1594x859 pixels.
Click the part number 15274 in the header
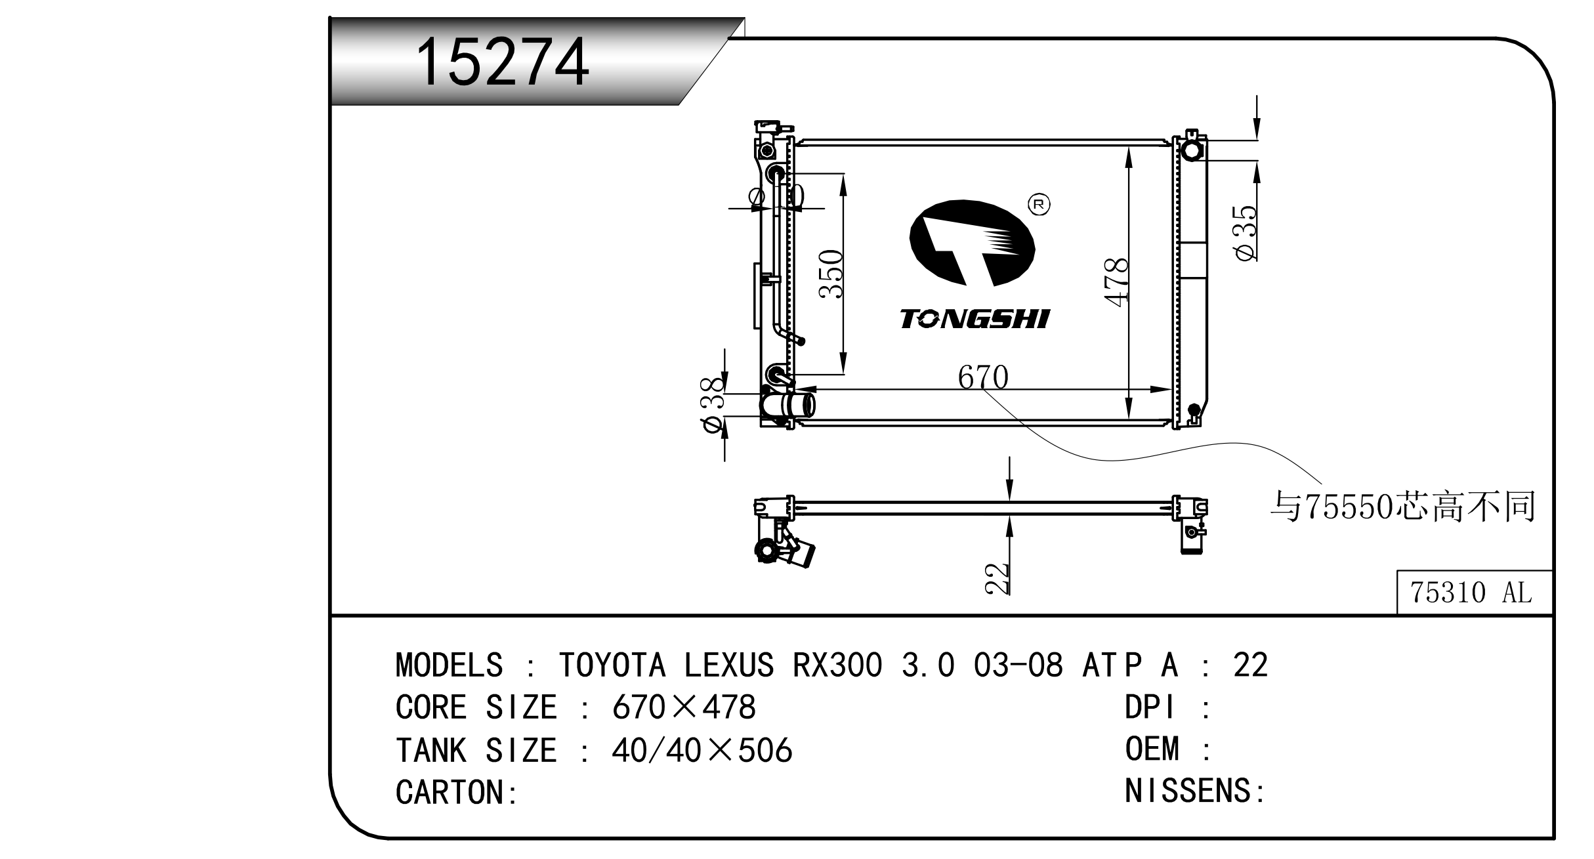click(x=503, y=62)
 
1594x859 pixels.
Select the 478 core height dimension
click(x=1116, y=282)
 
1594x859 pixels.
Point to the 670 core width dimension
click(x=982, y=377)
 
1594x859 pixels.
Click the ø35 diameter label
click(x=1246, y=233)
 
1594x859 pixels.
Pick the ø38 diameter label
click(x=713, y=405)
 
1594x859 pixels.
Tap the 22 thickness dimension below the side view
click(x=997, y=578)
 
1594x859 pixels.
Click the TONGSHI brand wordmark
click(x=975, y=319)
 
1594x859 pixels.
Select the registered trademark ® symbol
click(x=1038, y=205)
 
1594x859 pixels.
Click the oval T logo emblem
click(x=972, y=243)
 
